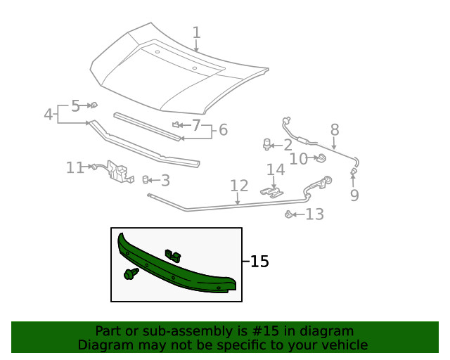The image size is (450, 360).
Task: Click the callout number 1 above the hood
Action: (x=196, y=32)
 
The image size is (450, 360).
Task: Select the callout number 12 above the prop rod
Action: (x=239, y=186)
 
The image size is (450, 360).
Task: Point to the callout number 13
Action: (x=314, y=214)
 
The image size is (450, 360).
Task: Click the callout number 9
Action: (x=354, y=195)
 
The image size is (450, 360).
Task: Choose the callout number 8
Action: (x=335, y=129)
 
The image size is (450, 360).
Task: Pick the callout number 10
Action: (x=298, y=159)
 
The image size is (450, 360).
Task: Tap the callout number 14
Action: (x=276, y=169)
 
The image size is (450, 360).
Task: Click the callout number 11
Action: (x=75, y=167)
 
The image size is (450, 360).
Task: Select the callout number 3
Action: (x=165, y=181)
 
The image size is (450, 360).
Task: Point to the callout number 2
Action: (x=288, y=146)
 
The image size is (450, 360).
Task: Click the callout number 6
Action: (x=223, y=130)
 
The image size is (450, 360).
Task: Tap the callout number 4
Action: (x=48, y=114)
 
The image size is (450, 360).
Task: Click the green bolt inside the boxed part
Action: (x=130, y=274)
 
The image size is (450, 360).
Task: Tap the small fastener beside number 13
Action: (x=289, y=214)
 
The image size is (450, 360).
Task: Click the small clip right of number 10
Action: (x=319, y=157)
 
